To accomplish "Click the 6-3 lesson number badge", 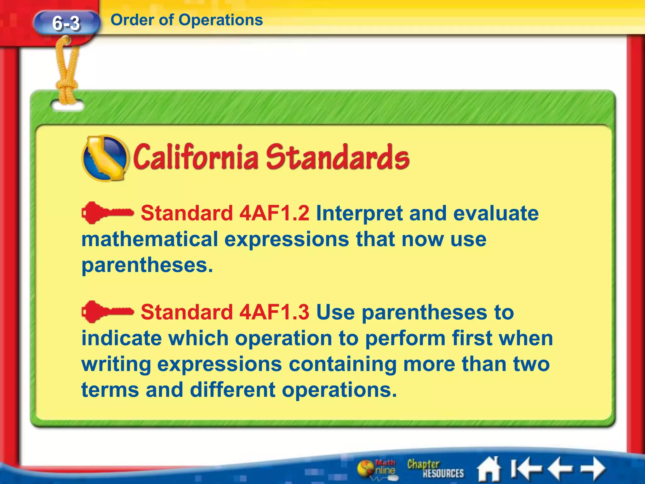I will (x=66, y=23).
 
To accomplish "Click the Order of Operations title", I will (x=187, y=20).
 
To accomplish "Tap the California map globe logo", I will (x=105, y=158).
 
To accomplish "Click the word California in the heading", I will (x=195, y=157).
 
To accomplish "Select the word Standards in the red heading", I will (x=337, y=157).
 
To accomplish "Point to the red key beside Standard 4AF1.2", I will (x=107, y=213).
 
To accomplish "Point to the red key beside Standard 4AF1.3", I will (x=107, y=312).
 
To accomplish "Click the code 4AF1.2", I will (x=274, y=213).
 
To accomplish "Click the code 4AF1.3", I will (x=274, y=312).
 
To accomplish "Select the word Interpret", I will (x=359, y=213).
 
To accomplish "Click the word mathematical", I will (x=150, y=239).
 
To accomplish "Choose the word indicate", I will (x=121, y=338).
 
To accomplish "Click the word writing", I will (x=116, y=364).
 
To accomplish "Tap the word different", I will (x=233, y=390).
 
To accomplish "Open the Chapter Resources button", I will (x=435, y=469).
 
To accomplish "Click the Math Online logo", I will (x=377, y=469).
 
